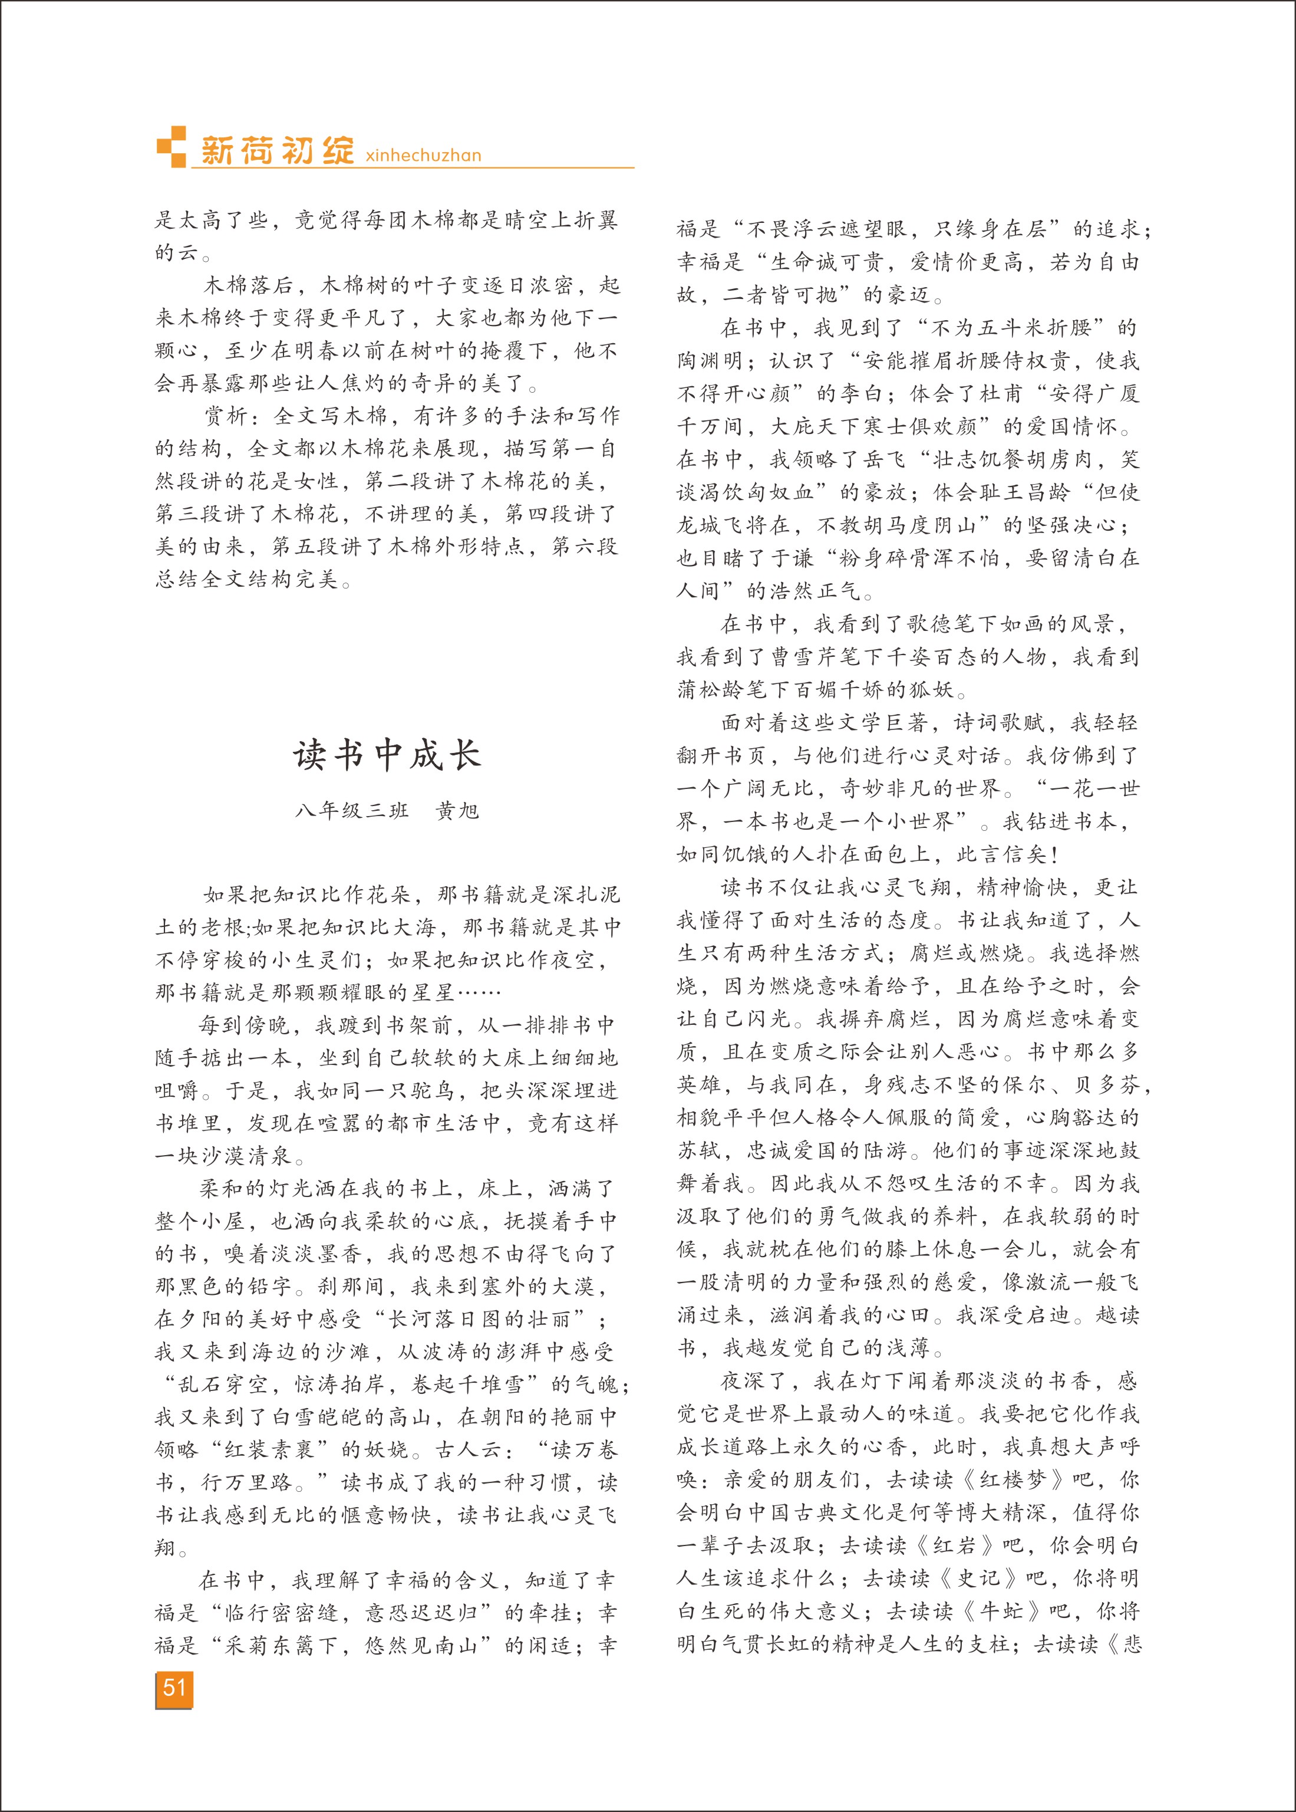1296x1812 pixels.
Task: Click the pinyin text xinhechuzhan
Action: click(423, 156)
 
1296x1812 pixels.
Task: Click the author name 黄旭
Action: click(457, 811)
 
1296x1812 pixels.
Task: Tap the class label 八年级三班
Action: click(352, 811)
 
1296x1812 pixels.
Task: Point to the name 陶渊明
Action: click(710, 361)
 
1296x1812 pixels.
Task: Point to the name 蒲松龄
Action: click(710, 690)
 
